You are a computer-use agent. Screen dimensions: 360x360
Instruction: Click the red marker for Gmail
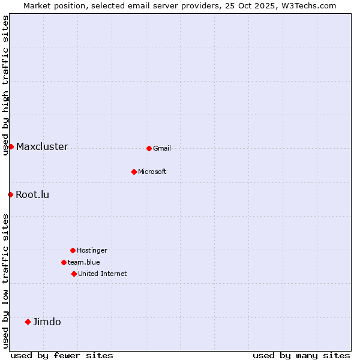coord(149,148)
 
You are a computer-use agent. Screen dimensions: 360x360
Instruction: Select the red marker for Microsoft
coord(134,172)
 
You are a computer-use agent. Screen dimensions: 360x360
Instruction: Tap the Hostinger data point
coord(73,250)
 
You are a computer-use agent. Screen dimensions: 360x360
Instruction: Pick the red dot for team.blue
coord(64,262)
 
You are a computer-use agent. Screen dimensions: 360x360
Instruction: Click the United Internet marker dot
coord(74,274)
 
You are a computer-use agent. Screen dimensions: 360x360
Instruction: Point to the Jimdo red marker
coord(28,322)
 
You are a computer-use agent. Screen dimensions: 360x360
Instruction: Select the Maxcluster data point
coord(11,146)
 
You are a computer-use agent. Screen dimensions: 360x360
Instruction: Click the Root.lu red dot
coord(10,194)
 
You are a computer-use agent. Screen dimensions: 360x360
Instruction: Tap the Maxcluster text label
coord(42,147)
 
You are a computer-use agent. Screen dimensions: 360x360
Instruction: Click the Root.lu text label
coord(32,194)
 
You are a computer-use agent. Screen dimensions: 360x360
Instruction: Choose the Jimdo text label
coord(47,322)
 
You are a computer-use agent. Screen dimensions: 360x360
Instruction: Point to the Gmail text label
coord(162,148)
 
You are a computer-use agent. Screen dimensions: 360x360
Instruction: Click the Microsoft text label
coord(152,172)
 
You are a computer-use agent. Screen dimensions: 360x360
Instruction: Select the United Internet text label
coord(102,274)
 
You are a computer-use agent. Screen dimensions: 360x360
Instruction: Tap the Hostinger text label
coord(92,250)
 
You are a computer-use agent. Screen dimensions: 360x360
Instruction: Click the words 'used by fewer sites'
coord(62,355)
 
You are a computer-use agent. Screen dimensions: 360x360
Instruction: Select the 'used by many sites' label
coord(301,355)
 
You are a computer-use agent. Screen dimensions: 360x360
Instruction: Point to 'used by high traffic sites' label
coord(5,85)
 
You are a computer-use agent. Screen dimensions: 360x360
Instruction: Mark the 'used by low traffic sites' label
coord(5,281)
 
